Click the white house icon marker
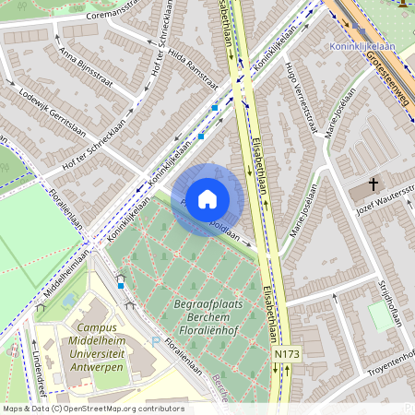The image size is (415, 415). click(x=207, y=199)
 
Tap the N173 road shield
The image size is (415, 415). click(x=287, y=353)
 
